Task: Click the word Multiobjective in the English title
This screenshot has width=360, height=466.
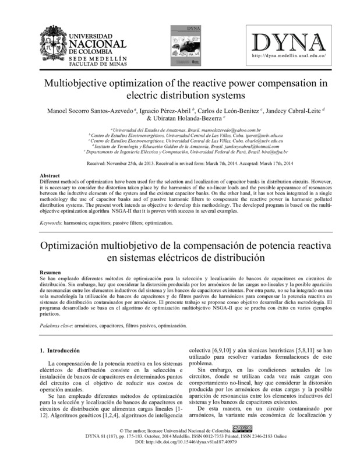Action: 75,83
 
